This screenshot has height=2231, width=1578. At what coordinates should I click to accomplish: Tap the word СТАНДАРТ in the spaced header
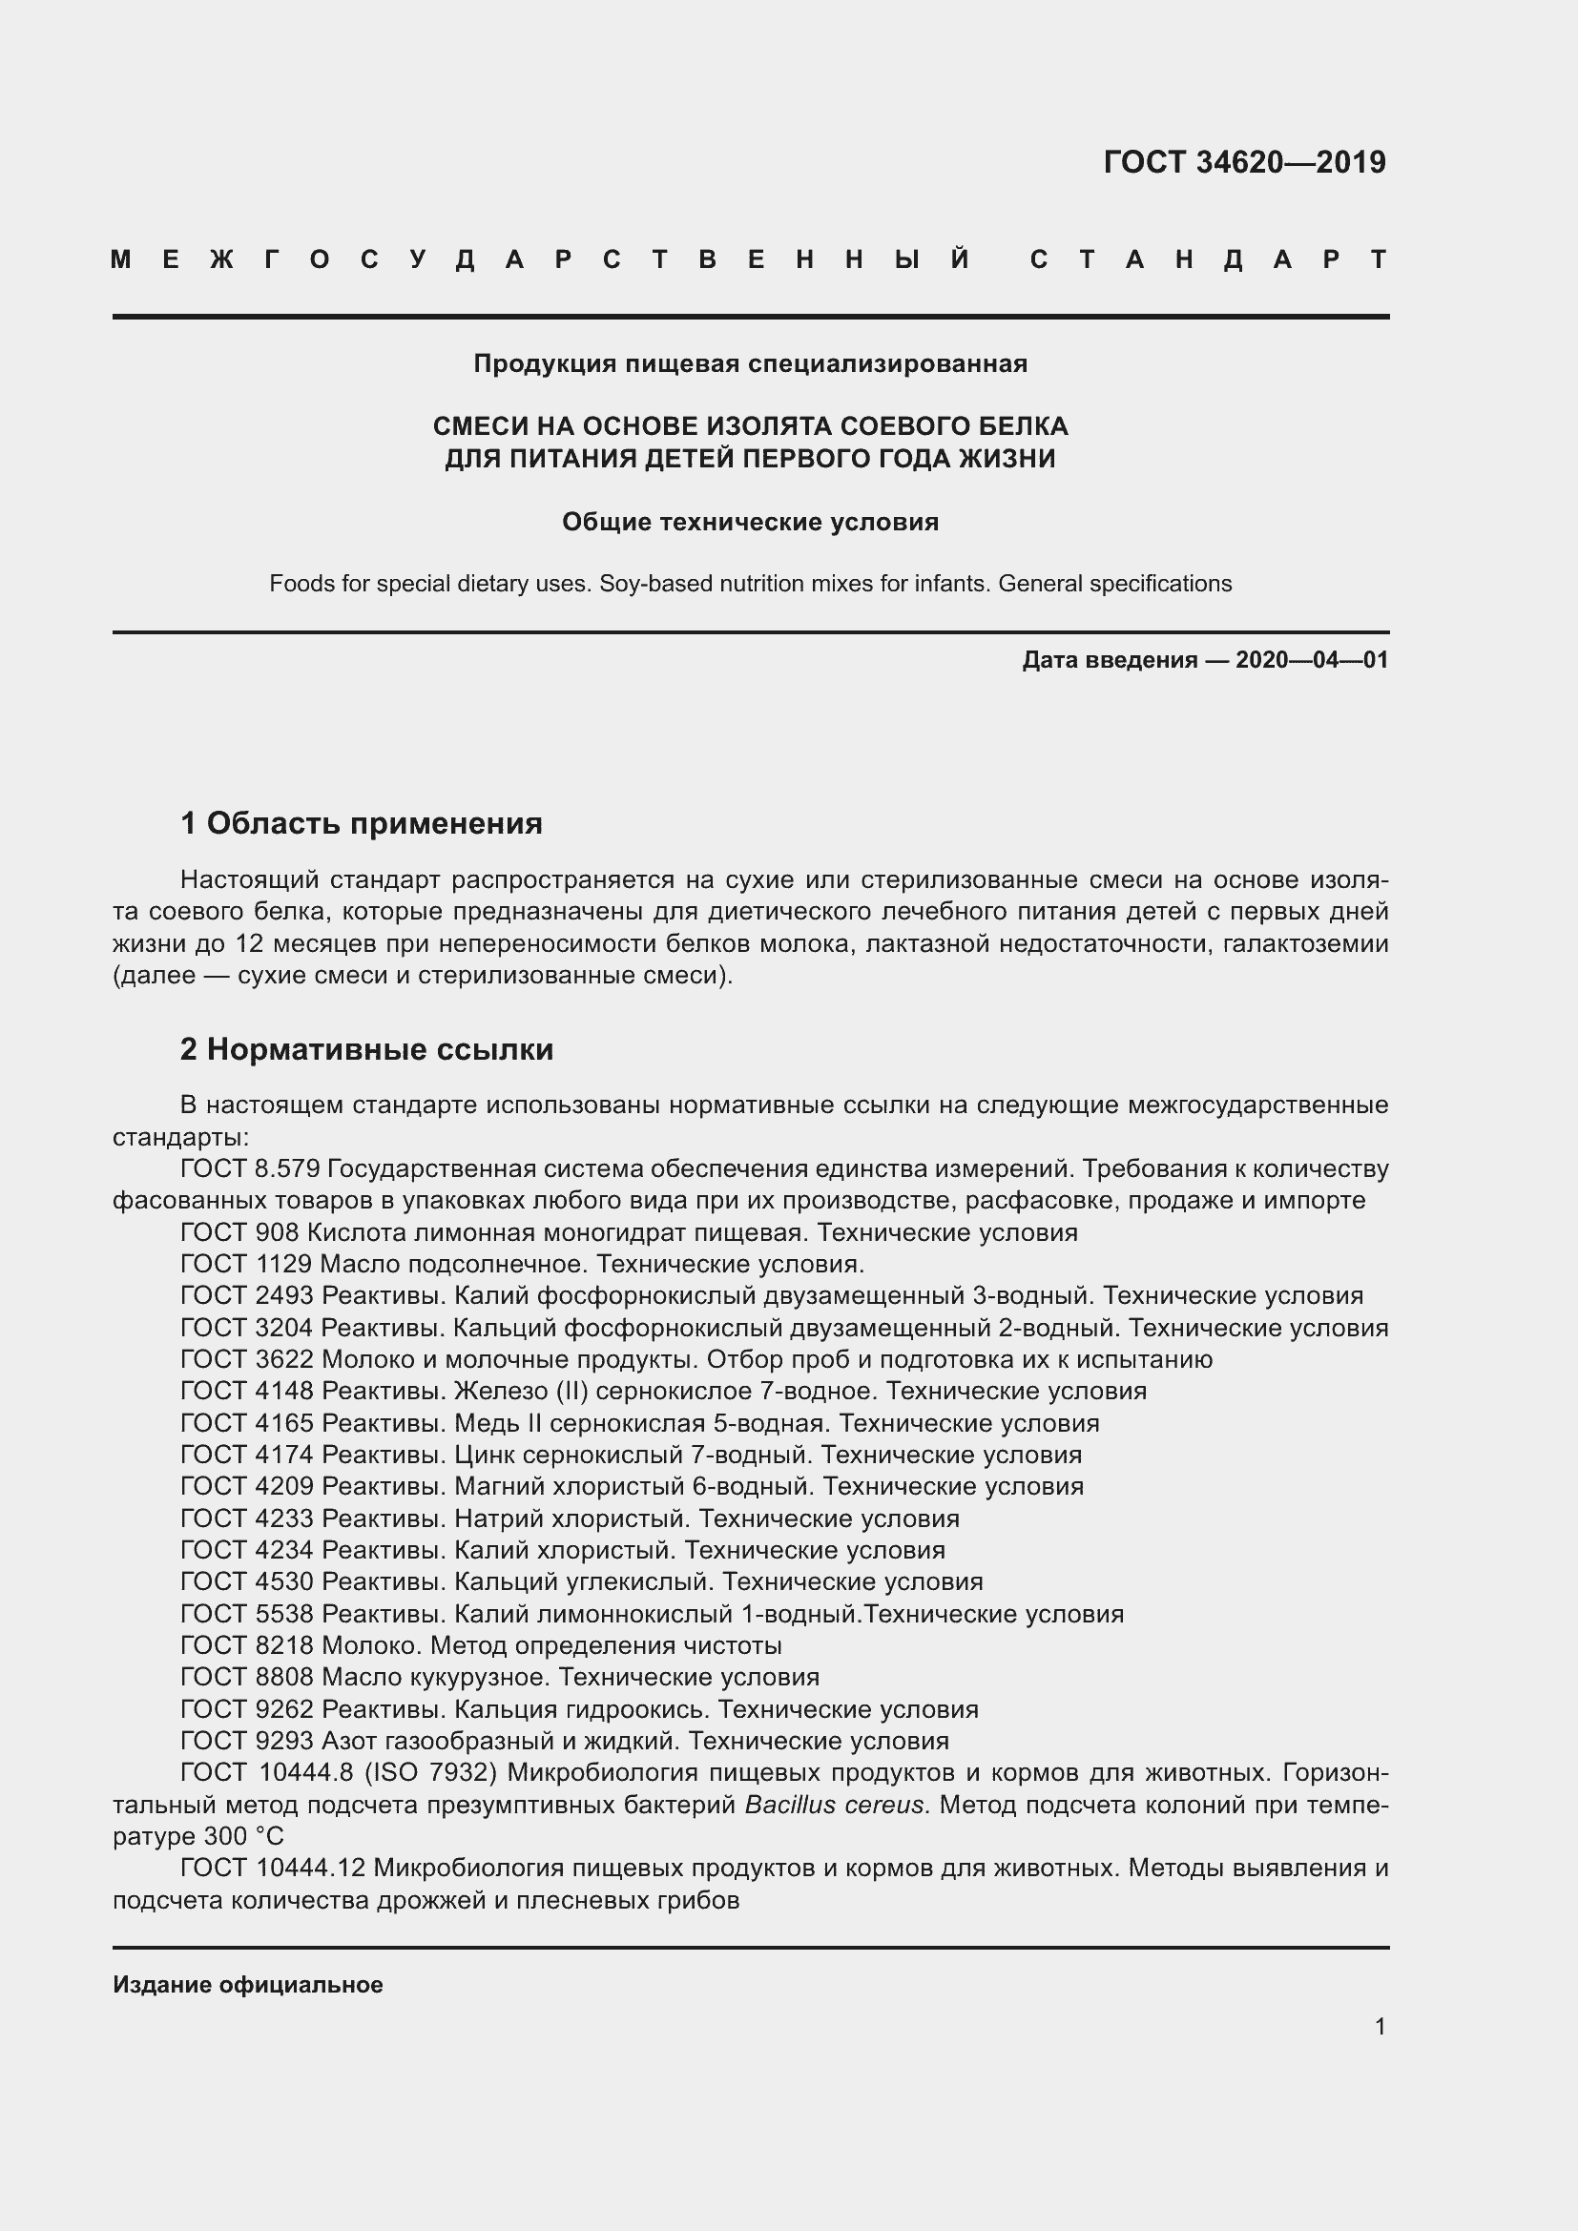1209,260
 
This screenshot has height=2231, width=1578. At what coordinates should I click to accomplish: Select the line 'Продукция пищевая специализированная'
750,363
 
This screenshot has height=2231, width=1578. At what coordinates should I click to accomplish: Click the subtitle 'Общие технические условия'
750,522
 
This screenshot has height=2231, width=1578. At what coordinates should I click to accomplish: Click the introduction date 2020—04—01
1311,661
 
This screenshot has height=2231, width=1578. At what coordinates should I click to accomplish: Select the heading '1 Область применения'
362,824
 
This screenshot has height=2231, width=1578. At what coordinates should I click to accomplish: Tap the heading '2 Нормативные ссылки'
366,1049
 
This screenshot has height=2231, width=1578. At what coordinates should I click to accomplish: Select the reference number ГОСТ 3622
247,1359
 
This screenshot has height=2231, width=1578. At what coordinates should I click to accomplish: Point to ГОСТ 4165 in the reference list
247,1423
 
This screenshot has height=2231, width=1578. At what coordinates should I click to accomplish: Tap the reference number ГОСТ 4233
247,1518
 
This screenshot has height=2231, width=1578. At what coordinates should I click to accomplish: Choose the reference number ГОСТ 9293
247,1741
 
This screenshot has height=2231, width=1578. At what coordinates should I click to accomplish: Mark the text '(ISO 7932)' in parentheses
430,1773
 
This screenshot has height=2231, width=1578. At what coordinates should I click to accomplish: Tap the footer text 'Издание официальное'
248,1985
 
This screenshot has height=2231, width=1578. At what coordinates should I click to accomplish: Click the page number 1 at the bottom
1380,2027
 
